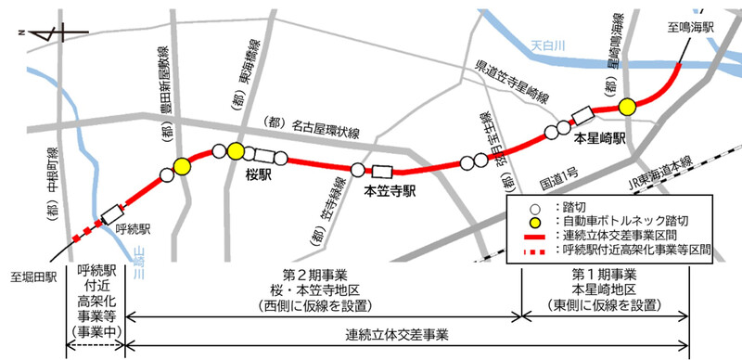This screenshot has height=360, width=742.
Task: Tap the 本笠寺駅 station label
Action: pyautogui.click(x=388, y=192)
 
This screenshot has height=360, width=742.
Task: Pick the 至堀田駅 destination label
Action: pyautogui.click(x=35, y=276)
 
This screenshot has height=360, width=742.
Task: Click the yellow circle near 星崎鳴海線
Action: pyautogui.click(x=627, y=107)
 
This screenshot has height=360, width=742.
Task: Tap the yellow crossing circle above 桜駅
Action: pyautogui.click(x=236, y=151)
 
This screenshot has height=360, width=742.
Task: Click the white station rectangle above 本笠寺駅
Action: pyautogui.click(x=381, y=171)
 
